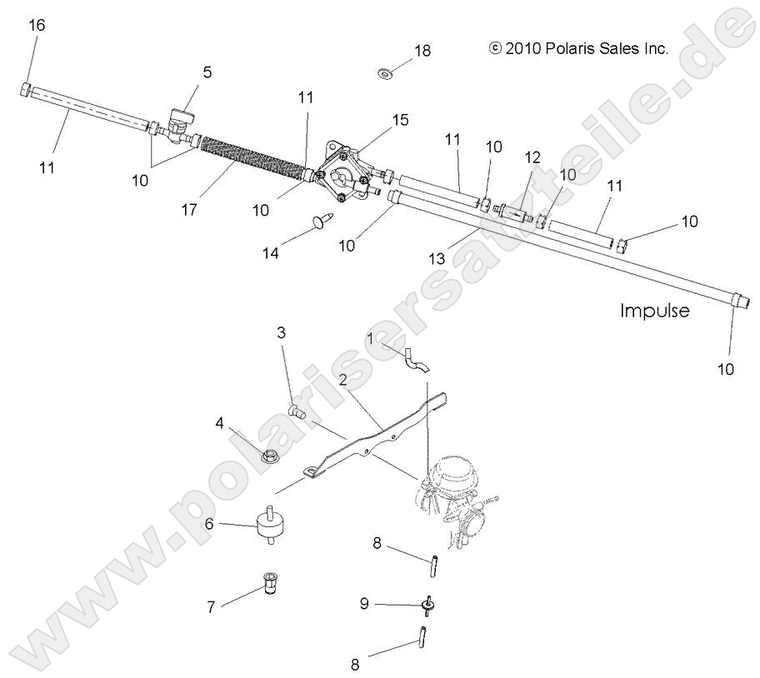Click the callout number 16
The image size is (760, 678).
pyautogui.click(x=37, y=25)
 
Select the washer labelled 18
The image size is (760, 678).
pyautogui.click(x=386, y=73)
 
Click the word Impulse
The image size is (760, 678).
pyautogui.click(x=654, y=311)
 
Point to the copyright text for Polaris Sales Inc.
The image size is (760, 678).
pyautogui.click(x=580, y=49)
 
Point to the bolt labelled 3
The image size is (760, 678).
pyautogui.click(x=297, y=409)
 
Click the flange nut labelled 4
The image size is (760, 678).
pyautogui.click(x=270, y=456)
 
